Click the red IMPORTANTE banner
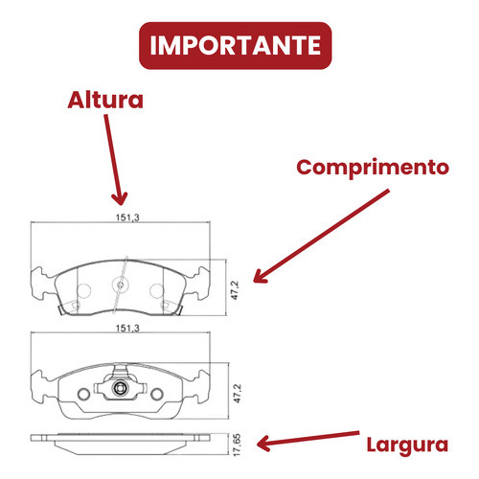tap(236, 45)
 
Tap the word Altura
tap(105, 101)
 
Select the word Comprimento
tap(373, 168)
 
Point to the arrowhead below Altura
tap(120, 198)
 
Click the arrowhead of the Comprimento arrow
tap(260, 277)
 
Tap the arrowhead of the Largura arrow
tap(263, 444)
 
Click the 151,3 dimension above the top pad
tap(127, 217)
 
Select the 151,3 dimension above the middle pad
tap(127, 329)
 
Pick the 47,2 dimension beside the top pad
tap(235, 290)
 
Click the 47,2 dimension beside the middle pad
tap(238, 394)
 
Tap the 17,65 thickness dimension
tap(237, 445)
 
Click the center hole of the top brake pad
tap(121, 285)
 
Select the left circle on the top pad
tap(84, 290)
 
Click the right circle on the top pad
tap(156, 290)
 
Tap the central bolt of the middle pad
tap(120, 388)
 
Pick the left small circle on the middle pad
tap(83, 394)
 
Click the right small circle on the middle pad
tap(157, 394)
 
